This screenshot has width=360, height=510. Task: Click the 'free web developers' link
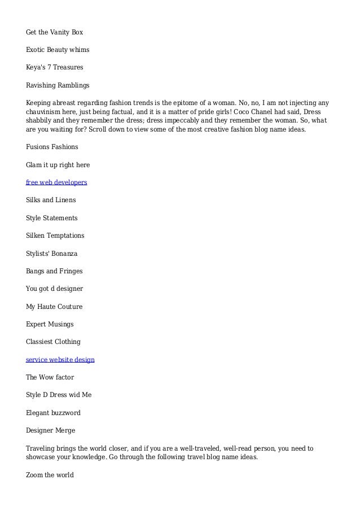[56, 182]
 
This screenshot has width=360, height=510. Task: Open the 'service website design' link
[60, 359]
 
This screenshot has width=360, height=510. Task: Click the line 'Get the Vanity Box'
[54, 32]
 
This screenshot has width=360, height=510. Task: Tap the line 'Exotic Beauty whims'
[58, 50]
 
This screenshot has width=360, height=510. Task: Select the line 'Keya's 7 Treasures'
[55, 68]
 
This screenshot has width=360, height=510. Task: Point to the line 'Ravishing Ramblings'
[58, 85]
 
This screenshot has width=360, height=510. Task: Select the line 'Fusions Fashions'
[52, 147]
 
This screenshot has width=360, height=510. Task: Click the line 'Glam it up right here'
[58, 165]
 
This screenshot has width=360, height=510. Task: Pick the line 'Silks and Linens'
[51, 200]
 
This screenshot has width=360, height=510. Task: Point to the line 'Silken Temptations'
[55, 236]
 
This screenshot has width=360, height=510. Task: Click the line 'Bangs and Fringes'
[53, 271]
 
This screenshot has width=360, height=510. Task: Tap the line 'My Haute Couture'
[54, 306]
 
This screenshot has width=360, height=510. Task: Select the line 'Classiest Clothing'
[53, 342]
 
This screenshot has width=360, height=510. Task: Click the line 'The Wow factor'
[50, 377]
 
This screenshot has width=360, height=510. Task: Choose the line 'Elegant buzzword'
[54, 412]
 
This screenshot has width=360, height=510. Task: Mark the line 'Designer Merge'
[51, 430]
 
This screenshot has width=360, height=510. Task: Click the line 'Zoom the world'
[50, 475]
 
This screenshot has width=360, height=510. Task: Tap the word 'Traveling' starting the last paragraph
[41, 448]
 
